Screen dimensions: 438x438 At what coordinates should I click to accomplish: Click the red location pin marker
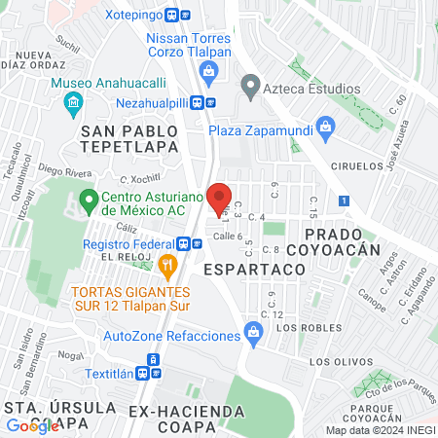tap(219, 196)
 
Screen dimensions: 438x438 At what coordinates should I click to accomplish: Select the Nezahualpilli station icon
tap(203, 101)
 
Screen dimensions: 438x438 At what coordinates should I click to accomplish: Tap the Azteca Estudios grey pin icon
tap(251, 90)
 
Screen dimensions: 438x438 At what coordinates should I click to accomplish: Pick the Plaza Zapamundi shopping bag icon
tap(326, 126)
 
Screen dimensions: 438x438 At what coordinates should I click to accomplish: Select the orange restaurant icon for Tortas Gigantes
tap(167, 263)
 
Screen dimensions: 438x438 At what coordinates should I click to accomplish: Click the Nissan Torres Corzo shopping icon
tap(207, 69)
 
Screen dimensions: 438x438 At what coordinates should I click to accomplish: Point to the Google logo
tap(33, 425)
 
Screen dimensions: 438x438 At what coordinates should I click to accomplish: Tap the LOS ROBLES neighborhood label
tap(300, 328)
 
